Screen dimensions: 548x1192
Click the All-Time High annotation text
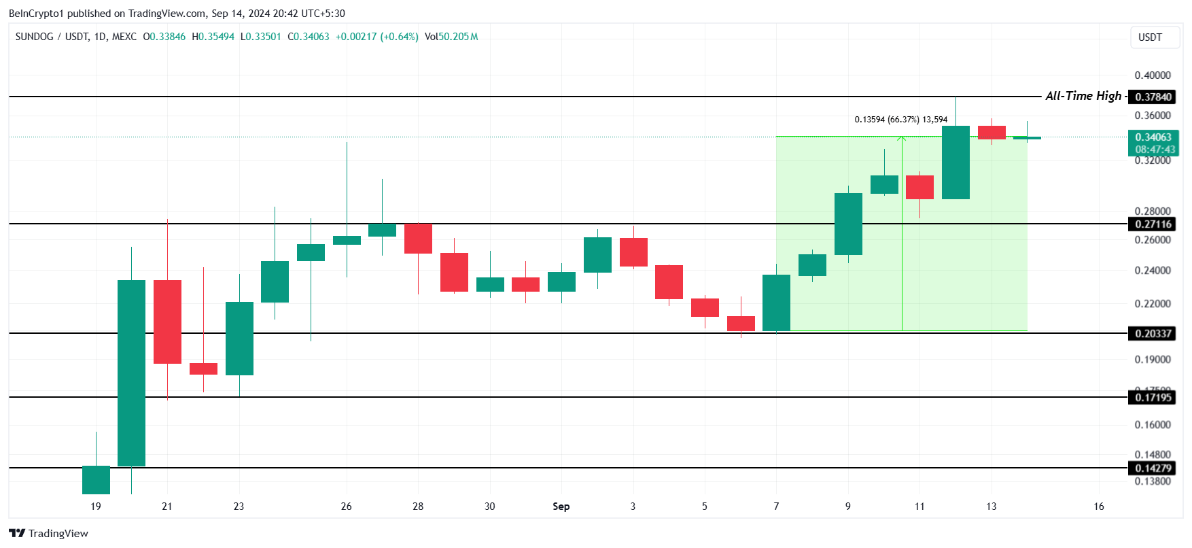click(1083, 96)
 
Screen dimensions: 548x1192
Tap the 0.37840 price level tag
click(1153, 97)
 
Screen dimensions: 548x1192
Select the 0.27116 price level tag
click(1153, 224)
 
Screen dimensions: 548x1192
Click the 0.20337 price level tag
click(1153, 334)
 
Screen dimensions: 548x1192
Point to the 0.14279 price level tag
click(1153, 468)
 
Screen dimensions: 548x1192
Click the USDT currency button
click(1151, 37)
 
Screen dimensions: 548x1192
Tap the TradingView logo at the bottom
click(49, 533)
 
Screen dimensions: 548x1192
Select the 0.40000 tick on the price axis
click(1153, 75)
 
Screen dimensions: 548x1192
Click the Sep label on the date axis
click(561, 507)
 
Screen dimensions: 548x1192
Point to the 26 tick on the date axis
click(347, 507)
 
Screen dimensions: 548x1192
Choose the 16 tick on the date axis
click(1099, 507)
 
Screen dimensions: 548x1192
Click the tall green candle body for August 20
click(131, 373)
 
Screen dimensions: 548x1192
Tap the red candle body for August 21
click(167, 322)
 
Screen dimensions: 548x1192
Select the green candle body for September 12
click(956, 162)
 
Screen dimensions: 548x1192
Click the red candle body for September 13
click(992, 133)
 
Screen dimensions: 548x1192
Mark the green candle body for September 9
click(848, 224)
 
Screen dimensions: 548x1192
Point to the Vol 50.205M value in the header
click(451, 37)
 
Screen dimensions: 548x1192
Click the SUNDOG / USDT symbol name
click(53, 37)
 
